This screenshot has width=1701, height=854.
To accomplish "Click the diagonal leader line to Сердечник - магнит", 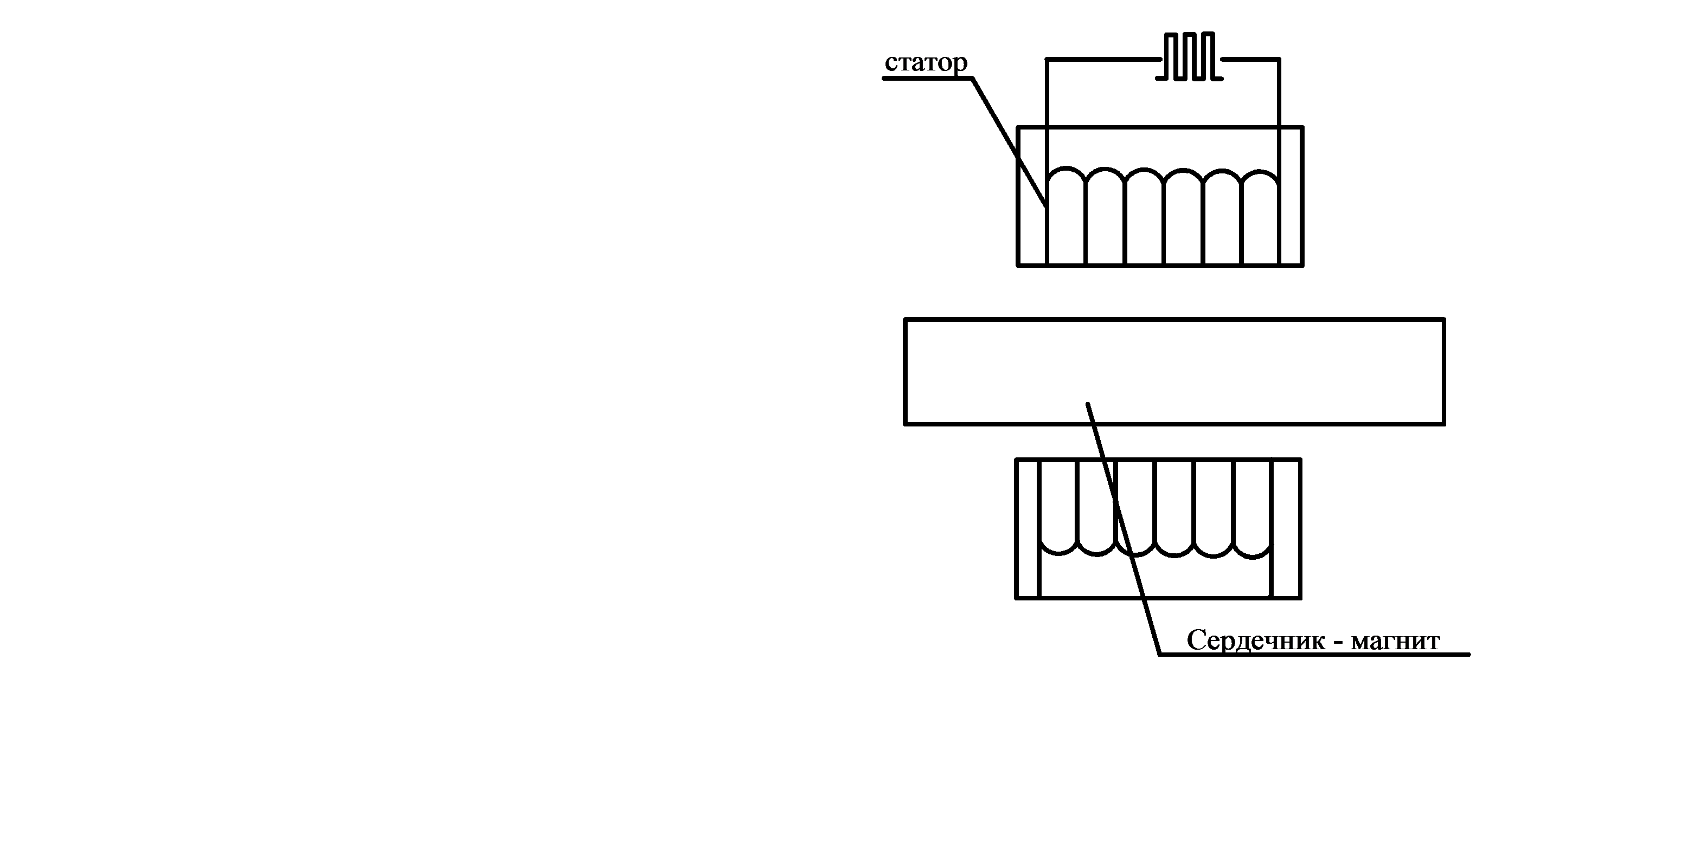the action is coord(1122,528).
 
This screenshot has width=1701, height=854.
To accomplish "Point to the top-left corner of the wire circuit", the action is coord(1047,60).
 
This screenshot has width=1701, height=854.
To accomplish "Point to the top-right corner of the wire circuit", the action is coord(1279,60).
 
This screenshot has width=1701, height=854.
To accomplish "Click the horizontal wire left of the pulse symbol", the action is coord(1103,60).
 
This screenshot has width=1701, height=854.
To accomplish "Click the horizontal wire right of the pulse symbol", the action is coord(1250,60).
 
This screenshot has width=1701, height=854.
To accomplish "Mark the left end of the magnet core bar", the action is coord(906,372).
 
